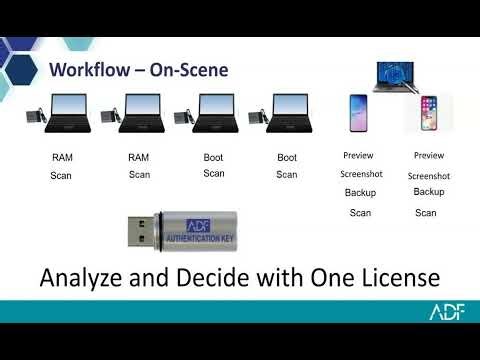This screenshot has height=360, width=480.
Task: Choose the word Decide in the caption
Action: click(x=212, y=276)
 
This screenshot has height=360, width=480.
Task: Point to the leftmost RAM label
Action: click(x=63, y=158)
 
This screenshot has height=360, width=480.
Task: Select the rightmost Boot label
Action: click(x=287, y=157)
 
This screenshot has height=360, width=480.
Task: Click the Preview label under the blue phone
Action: click(x=358, y=156)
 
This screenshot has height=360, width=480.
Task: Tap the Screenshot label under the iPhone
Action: click(x=429, y=176)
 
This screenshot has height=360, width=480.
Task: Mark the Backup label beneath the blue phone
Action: click(x=360, y=193)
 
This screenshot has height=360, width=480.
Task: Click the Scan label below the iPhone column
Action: click(x=426, y=212)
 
